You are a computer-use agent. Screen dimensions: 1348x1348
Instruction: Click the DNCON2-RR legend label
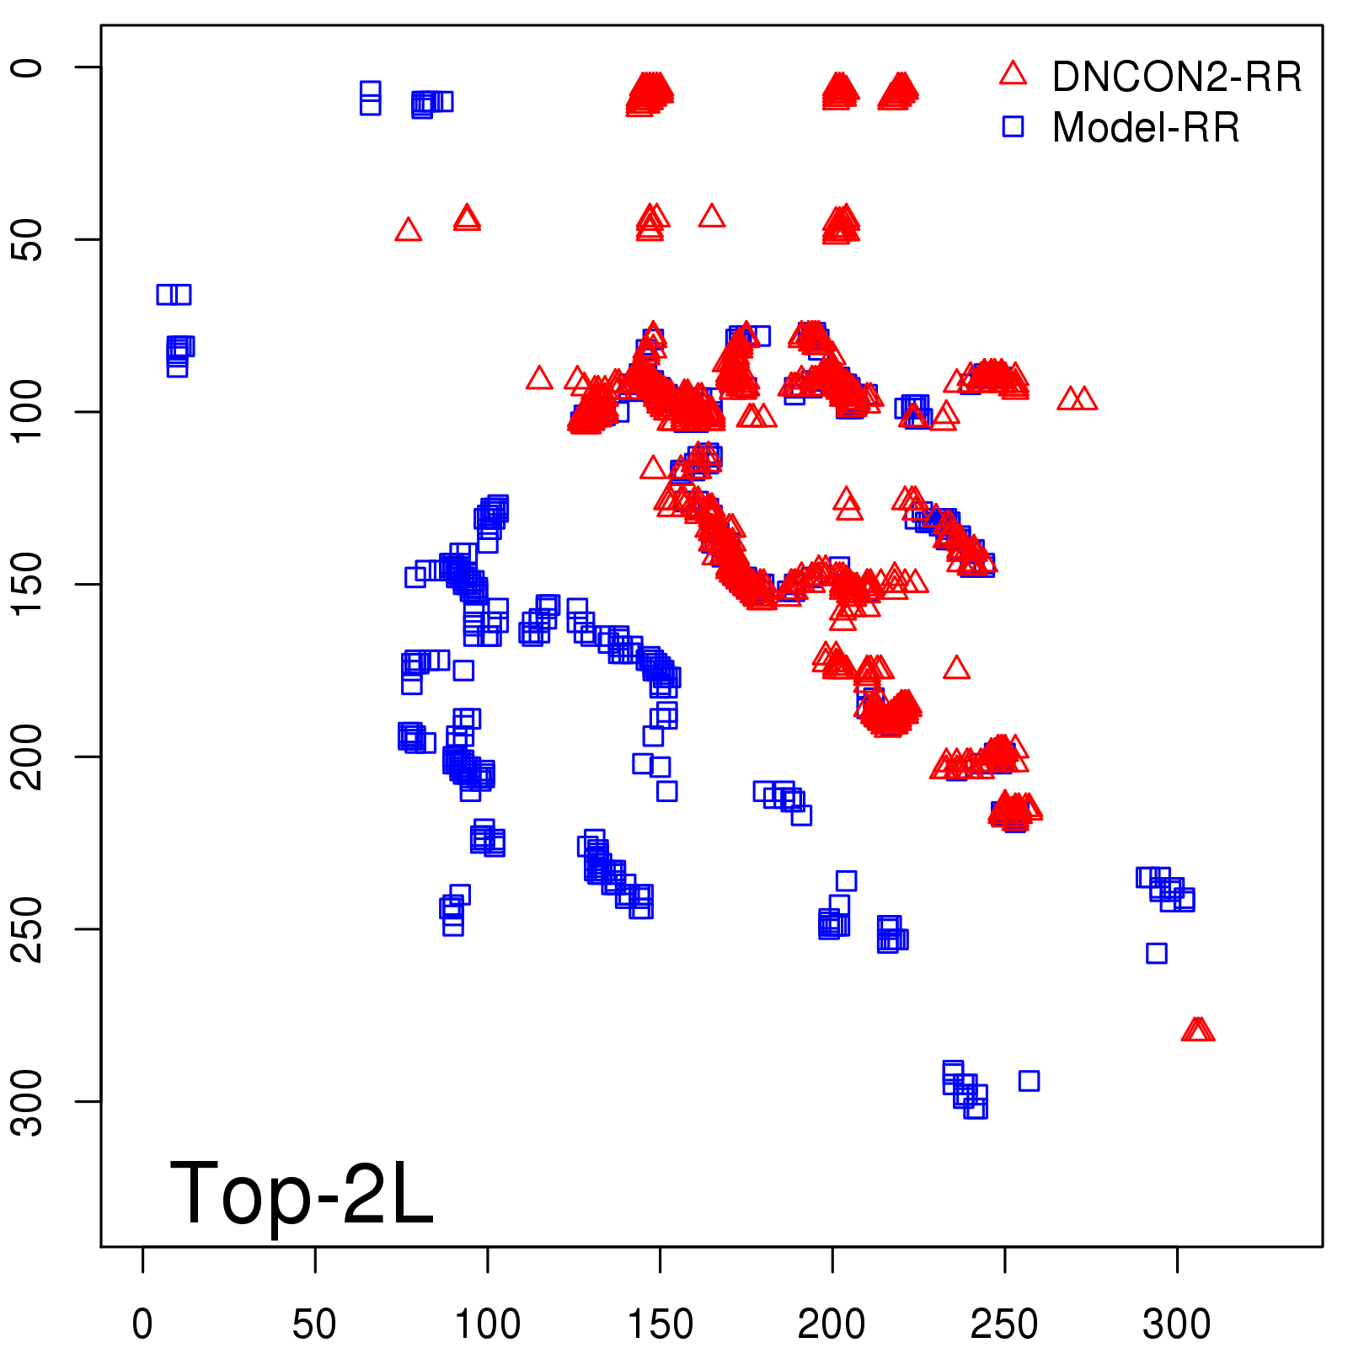click(x=1176, y=77)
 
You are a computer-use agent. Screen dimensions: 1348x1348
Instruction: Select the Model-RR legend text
click(x=1146, y=128)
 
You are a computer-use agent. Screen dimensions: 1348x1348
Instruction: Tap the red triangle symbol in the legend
click(x=1013, y=74)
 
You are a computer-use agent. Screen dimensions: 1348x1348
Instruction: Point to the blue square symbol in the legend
click(x=1013, y=126)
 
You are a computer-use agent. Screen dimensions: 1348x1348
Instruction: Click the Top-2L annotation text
click(x=302, y=1193)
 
